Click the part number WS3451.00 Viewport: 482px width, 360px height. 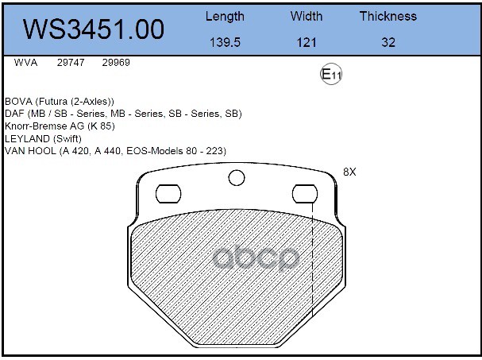94,29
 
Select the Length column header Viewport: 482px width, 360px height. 225,17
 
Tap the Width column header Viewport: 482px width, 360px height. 307,16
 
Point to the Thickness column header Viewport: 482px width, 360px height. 388,16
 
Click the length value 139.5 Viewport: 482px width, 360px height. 225,42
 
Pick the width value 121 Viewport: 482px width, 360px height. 307,42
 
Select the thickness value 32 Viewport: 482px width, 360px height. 388,42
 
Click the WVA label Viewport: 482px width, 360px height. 25,63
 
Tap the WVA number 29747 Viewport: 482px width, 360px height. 71,63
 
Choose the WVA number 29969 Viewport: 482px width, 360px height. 116,63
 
